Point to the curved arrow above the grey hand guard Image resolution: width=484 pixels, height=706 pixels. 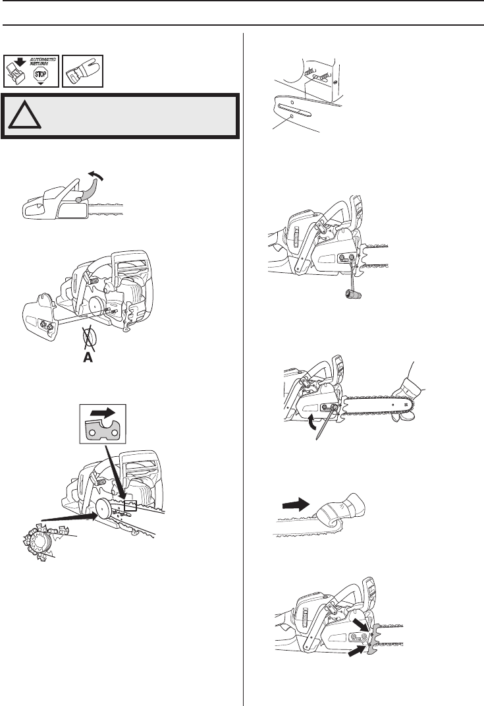pos(97,174)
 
